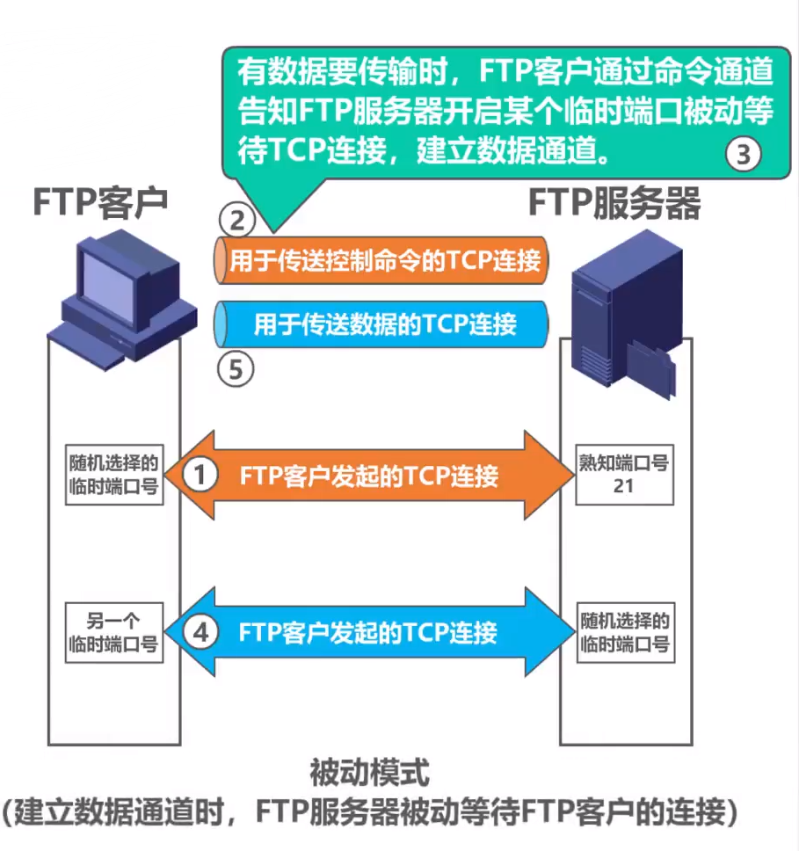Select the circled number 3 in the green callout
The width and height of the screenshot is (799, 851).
tap(743, 155)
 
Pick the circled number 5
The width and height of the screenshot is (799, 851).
tap(236, 369)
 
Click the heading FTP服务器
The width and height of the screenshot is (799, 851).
tap(614, 204)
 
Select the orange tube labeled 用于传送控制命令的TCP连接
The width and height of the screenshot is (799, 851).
tap(382, 260)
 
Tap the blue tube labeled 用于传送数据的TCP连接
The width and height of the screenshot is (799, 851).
tap(382, 324)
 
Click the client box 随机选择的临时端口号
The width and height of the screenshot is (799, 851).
tap(115, 476)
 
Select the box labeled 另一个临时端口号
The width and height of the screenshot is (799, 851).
tap(115, 632)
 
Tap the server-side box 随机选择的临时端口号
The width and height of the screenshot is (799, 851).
tap(625, 632)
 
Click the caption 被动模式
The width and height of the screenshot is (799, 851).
tap(370, 774)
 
